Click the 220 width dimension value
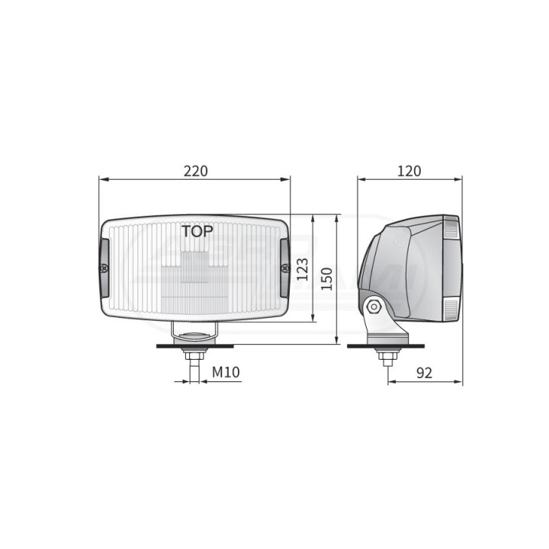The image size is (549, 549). tap(196, 171)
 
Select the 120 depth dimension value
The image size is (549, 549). tap(409, 171)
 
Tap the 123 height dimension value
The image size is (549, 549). tap(303, 269)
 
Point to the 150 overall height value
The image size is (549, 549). tap(326, 279)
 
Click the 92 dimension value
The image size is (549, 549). tap(425, 373)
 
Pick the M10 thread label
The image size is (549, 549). tap(226, 372)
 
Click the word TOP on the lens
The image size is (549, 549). tap(197, 232)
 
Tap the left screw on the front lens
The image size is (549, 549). tap(104, 268)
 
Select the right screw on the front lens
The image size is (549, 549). tap(285, 268)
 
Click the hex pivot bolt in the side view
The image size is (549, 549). tap(374, 307)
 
